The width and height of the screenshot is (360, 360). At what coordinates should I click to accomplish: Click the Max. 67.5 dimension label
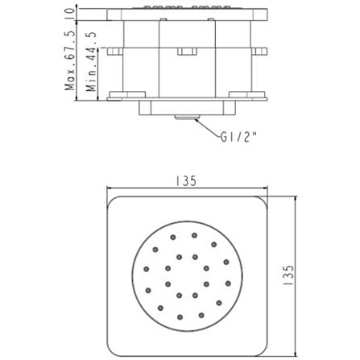tap(69, 60)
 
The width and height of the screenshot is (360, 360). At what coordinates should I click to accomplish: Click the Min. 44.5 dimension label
tap(91, 62)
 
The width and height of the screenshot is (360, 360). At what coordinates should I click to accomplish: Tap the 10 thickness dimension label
tap(69, 13)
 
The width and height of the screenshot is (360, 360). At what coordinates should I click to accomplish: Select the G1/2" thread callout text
tap(238, 138)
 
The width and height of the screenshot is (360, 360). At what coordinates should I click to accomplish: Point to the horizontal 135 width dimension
tap(186, 181)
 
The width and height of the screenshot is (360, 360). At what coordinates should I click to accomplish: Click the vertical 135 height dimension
tap(288, 275)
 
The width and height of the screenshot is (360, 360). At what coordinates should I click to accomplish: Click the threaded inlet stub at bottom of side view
tap(187, 117)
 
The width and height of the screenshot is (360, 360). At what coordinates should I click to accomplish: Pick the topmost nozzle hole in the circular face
tap(194, 235)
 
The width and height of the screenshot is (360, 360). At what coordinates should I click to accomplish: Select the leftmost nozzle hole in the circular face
tap(147, 269)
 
